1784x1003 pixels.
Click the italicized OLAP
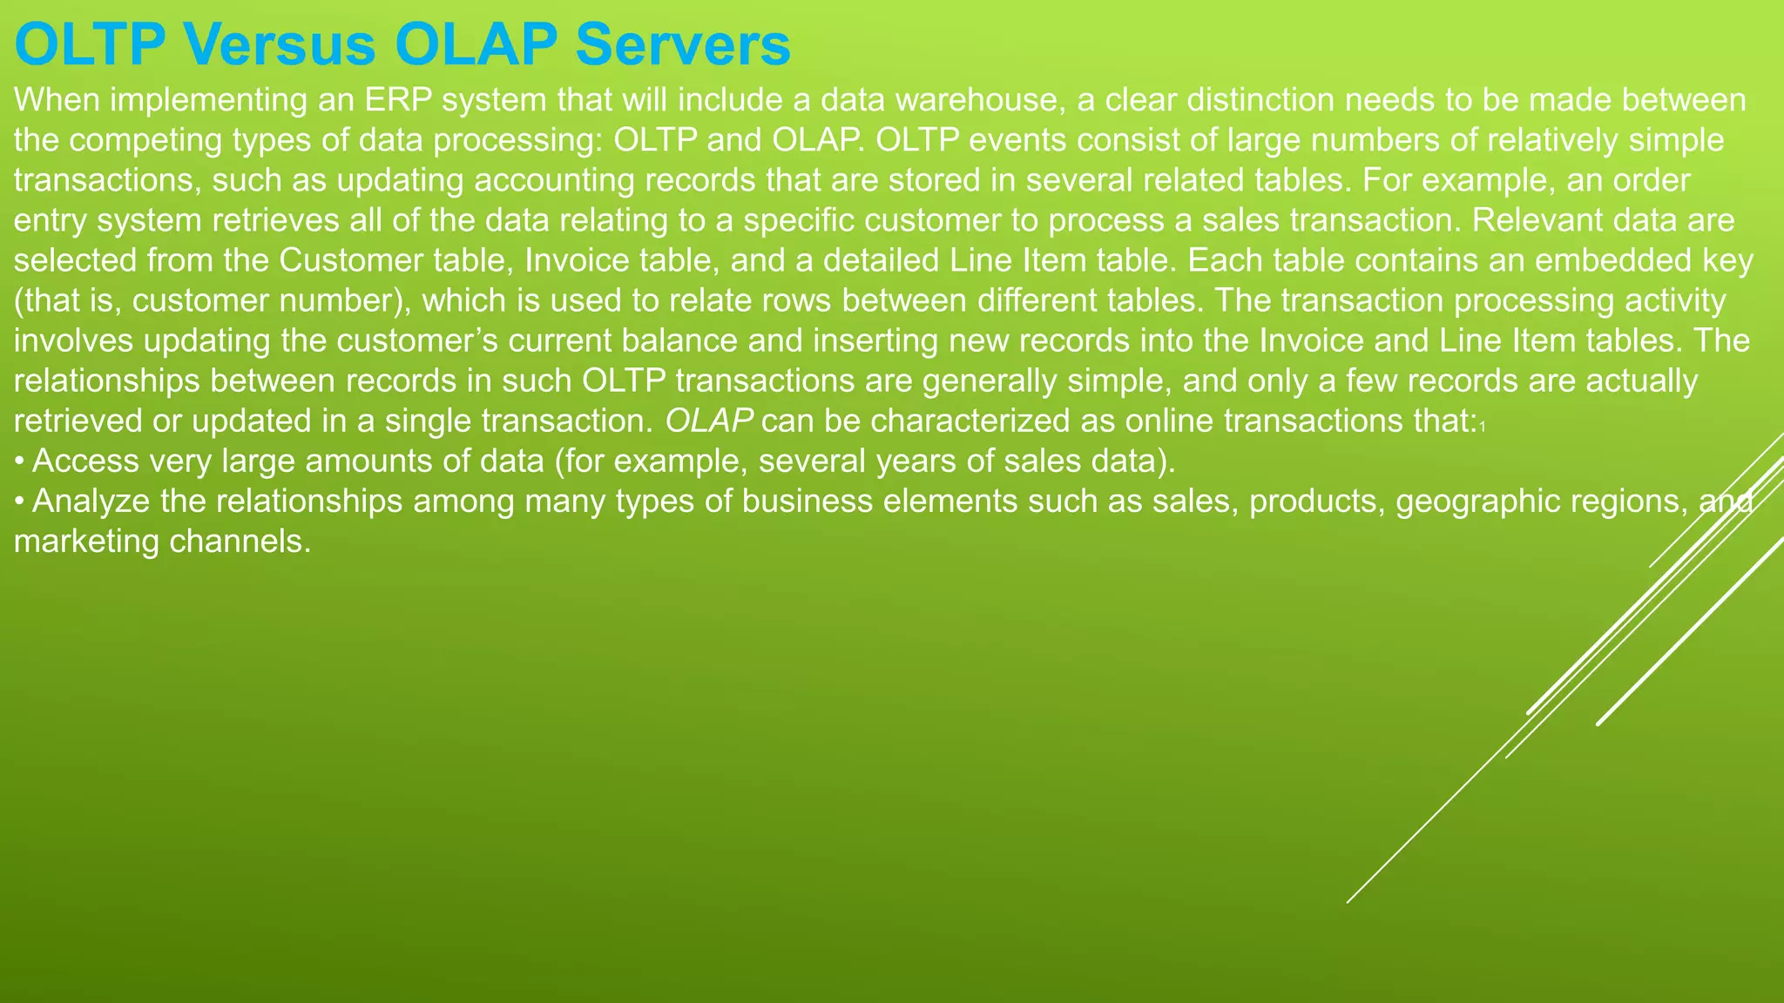pyautogui.click(x=709, y=421)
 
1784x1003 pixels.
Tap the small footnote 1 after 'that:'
pyautogui.click(x=1482, y=426)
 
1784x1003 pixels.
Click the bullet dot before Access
pyautogui.click(x=19, y=461)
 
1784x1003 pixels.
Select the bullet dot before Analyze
pyautogui.click(x=19, y=501)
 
